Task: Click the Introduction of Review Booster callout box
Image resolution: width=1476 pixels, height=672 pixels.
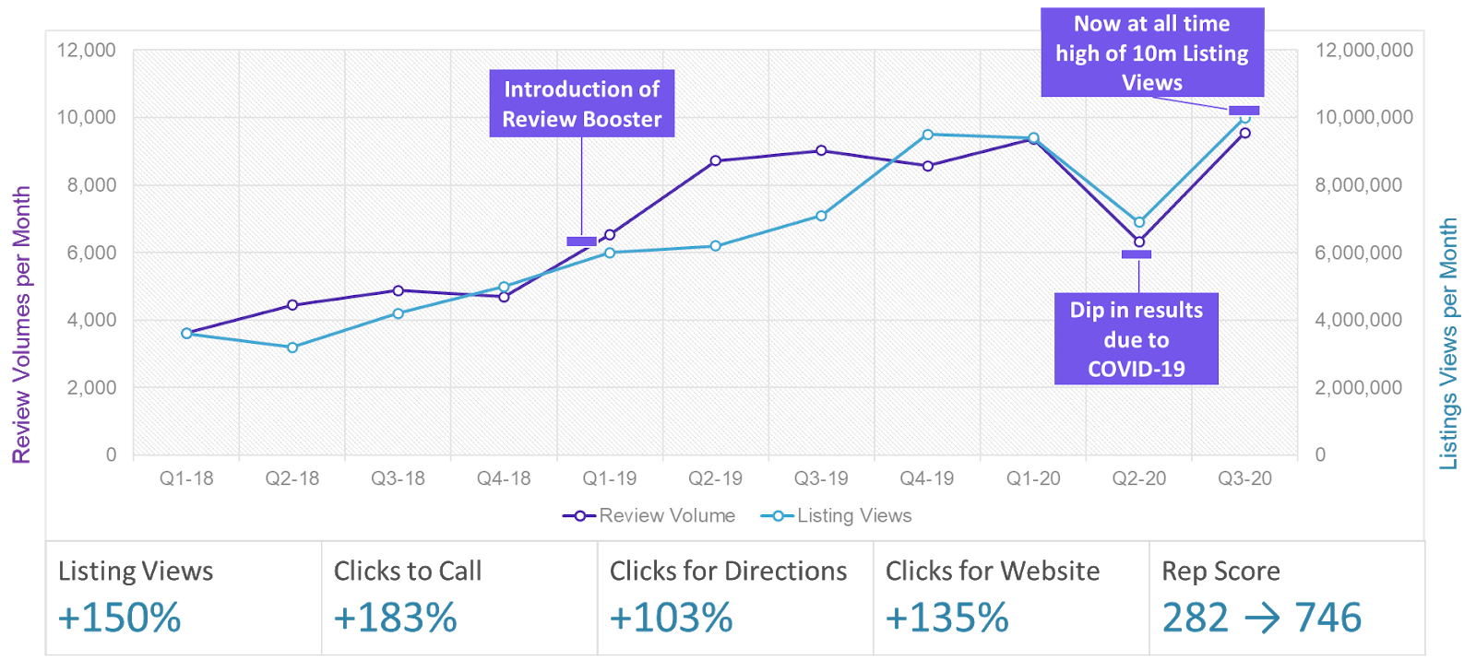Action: (581, 103)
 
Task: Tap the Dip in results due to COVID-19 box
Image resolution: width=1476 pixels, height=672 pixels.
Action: (1136, 338)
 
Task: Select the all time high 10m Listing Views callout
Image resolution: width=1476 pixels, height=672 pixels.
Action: (1151, 53)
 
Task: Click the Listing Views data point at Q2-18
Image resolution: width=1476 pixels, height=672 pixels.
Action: (292, 348)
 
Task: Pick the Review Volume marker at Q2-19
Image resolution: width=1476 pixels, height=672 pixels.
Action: (716, 160)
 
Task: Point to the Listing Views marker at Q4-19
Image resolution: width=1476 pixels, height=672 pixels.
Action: (927, 135)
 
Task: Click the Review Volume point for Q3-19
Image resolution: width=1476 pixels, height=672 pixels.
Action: (821, 150)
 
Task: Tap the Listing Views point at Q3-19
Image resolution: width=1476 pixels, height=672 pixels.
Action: (821, 216)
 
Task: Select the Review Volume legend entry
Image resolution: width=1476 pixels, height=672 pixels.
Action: (649, 516)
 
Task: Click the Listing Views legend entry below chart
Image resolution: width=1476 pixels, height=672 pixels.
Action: (837, 516)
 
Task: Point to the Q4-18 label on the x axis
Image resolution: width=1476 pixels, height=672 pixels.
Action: (504, 478)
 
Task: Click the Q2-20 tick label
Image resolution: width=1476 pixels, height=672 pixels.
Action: (1138, 478)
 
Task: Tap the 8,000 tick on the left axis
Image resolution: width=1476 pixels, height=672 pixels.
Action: (91, 184)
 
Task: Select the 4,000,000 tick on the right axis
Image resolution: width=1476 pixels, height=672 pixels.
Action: (1358, 320)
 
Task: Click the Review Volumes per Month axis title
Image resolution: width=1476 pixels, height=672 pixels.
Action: (21, 324)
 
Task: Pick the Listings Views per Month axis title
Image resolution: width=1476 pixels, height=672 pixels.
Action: (1448, 344)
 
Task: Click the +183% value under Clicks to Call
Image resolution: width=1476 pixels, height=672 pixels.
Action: (395, 618)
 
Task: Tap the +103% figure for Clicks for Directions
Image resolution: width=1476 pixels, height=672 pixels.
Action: (671, 618)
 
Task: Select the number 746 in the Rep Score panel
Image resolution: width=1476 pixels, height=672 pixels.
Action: (1327, 618)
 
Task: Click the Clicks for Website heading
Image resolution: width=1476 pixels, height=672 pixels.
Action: (992, 572)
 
